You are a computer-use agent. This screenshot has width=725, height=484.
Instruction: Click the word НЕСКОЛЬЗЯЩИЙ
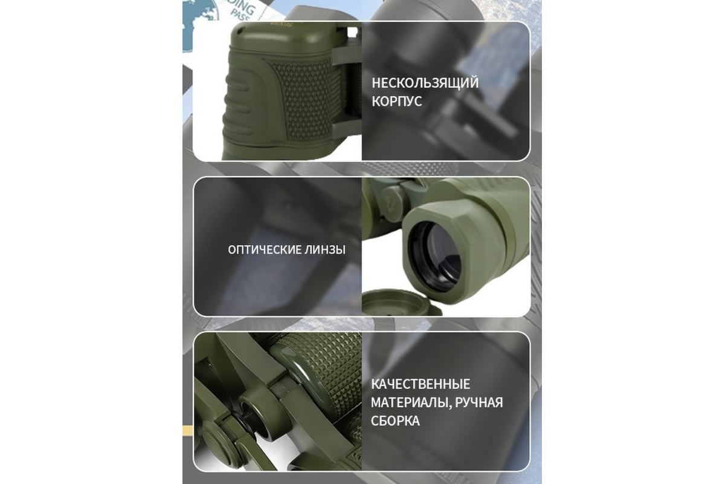(425, 83)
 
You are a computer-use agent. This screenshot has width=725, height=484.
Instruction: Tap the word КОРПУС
(397, 102)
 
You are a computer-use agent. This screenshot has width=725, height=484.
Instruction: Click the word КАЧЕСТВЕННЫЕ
(420, 384)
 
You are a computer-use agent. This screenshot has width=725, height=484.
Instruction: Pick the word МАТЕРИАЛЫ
(411, 403)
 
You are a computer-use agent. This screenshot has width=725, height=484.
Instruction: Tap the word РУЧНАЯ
(479, 403)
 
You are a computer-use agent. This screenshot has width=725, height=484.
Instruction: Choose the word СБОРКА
(395, 421)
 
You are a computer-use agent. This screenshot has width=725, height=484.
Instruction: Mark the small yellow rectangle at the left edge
(188, 431)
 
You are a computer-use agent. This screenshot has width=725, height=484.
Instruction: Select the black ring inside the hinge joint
(245, 422)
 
